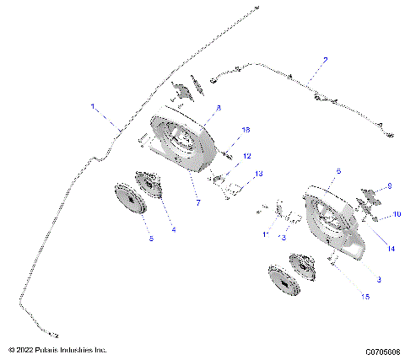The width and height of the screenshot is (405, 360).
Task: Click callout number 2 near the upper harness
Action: pos(325,61)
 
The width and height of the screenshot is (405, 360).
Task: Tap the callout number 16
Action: pos(246,130)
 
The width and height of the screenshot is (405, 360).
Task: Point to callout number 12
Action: pos(247,156)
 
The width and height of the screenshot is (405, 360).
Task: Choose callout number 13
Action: pos(259,173)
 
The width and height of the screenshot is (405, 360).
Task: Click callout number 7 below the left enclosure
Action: pos(200,203)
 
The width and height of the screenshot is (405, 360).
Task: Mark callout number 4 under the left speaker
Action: pos(173,228)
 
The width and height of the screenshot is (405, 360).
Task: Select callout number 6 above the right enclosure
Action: pos(337,171)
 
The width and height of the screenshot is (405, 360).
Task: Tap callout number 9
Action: pos(390,186)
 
